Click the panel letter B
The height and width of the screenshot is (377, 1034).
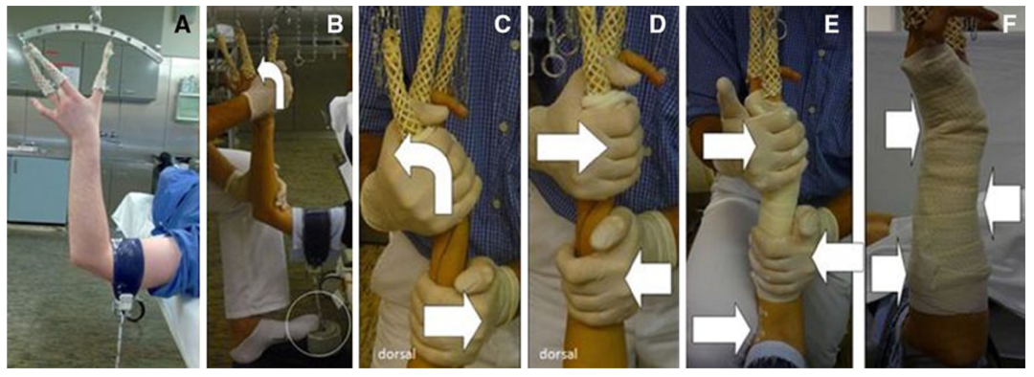[335, 27]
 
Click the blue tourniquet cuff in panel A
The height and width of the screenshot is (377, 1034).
[128, 268]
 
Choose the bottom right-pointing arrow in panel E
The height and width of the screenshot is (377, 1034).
[722, 328]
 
